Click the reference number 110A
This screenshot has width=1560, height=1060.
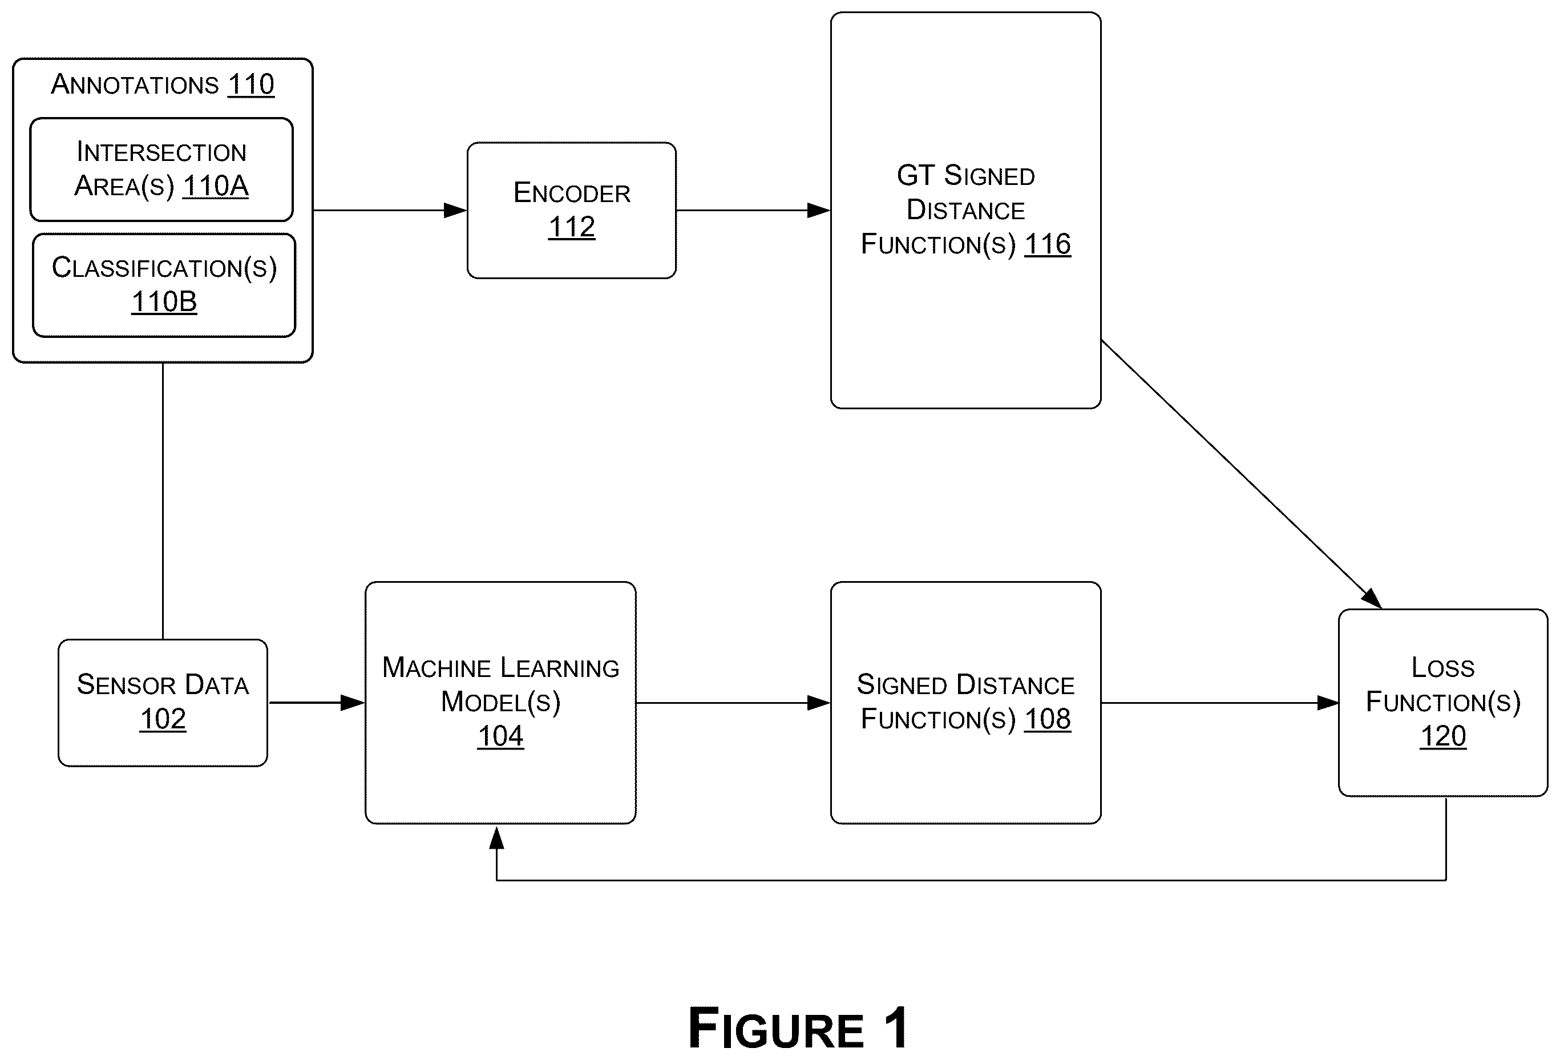pyautogui.click(x=216, y=186)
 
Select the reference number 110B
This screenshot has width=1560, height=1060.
pyautogui.click(x=164, y=302)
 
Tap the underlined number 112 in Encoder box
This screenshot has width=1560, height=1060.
pyautogui.click(x=572, y=227)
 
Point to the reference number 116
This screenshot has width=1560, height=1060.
pyautogui.click(x=1047, y=244)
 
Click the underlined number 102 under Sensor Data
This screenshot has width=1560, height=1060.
pyautogui.click(x=163, y=719)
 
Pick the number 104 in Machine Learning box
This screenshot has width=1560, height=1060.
pyautogui.click(x=501, y=736)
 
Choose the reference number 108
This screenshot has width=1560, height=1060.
pyautogui.click(x=1047, y=719)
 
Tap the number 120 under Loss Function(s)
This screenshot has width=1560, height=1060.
pyautogui.click(x=1443, y=736)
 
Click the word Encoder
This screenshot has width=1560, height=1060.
pyautogui.click(x=572, y=193)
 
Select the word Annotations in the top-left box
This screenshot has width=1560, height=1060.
pyautogui.click(x=135, y=84)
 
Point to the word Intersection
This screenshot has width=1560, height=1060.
pyautogui.click(x=162, y=152)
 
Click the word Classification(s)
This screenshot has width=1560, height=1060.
pyautogui.click(x=164, y=268)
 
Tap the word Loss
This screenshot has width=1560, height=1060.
pyautogui.click(x=1443, y=667)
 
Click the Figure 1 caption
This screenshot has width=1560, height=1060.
pyautogui.click(x=799, y=1028)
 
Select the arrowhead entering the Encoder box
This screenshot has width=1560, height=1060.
pyautogui.click(x=455, y=211)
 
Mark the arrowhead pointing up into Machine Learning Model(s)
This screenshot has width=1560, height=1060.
pyautogui.click(x=497, y=838)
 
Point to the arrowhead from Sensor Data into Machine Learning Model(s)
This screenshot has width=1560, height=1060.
pyautogui.click(x=353, y=703)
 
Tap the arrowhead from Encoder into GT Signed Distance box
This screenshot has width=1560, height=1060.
pyautogui.click(x=819, y=211)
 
